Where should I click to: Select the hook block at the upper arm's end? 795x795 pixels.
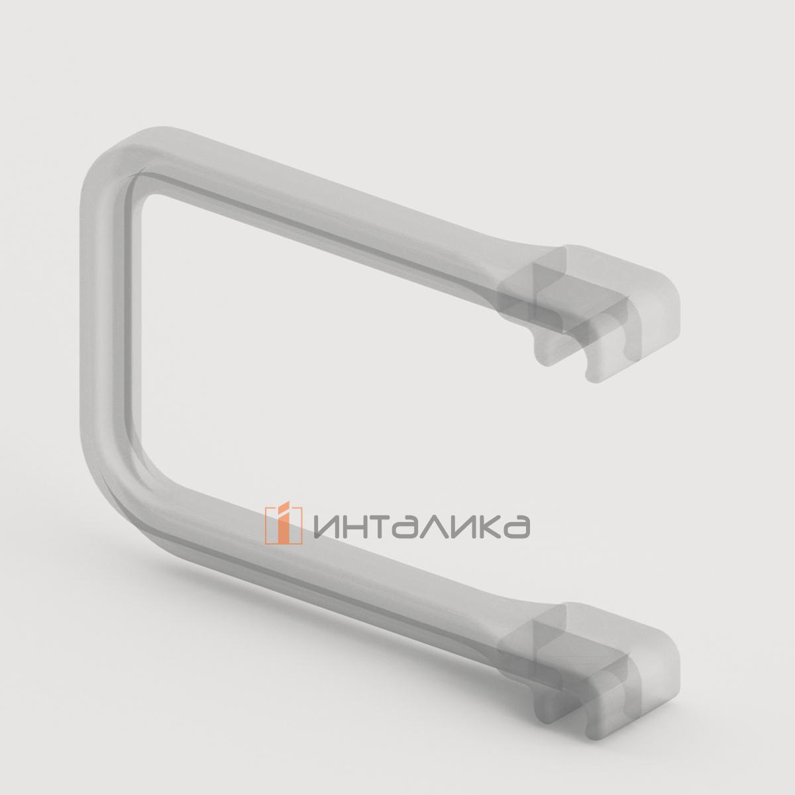point(596,291)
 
